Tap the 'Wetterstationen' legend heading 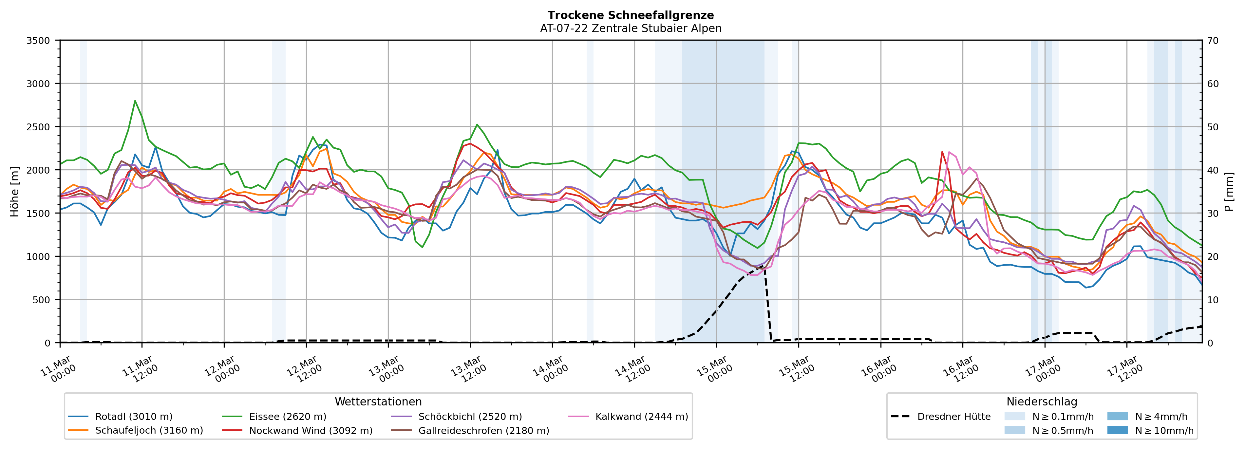tap(378, 402)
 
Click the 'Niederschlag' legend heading tap(1042, 402)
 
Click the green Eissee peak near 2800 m tap(135, 101)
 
